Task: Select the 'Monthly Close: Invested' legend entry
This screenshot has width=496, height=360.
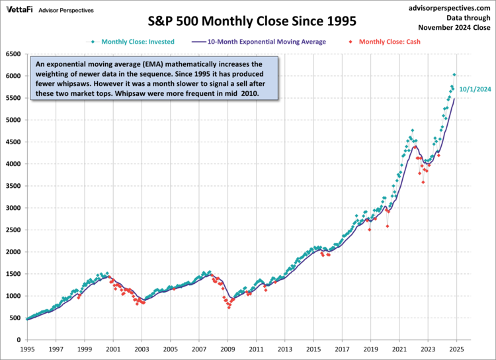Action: pyautogui.click(x=138, y=42)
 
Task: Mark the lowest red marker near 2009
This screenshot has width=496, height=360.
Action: pyautogui.click(x=229, y=308)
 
